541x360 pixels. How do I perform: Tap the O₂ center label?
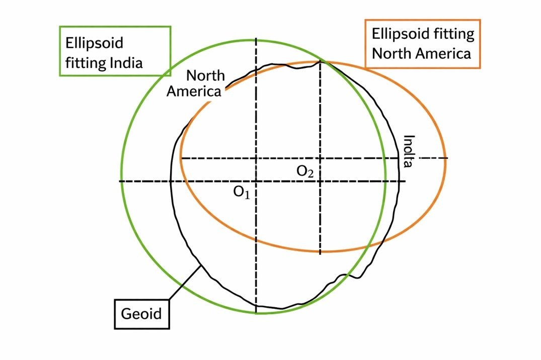(x=305, y=171)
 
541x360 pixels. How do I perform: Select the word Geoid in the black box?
(x=141, y=314)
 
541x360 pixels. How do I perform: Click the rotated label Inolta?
(x=409, y=151)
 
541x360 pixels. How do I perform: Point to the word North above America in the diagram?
(x=205, y=76)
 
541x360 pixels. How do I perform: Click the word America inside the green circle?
(x=194, y=92)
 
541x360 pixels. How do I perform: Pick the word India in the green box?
(x=127, y=63)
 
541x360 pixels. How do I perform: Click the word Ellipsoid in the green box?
(x=94, y=43)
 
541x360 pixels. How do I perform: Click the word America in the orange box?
(x=445, y=53)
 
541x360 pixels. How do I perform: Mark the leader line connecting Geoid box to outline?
(x=185, y=282)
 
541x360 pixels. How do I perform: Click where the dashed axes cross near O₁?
(x=256, y=181)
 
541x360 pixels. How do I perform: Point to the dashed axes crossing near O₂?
(x=320, y=158)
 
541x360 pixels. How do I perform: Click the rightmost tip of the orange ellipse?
(x=445, y=158)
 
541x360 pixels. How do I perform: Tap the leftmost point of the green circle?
(x=121, y=181)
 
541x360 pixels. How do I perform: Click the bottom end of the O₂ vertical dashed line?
(x=320, y=253)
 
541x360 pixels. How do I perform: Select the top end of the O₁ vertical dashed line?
(x=256, y=38)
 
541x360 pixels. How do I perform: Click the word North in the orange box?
(x=391, y=53)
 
